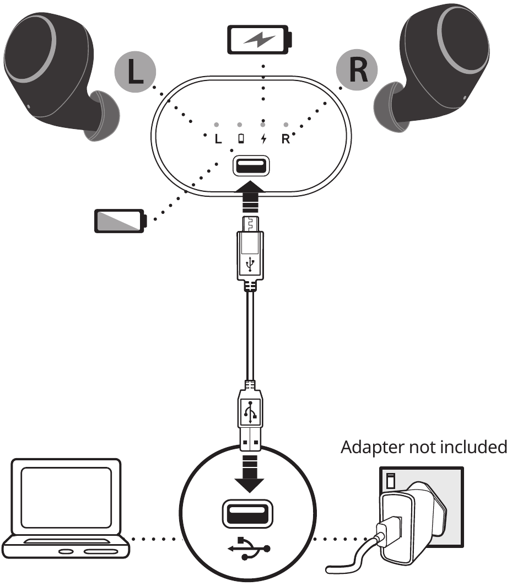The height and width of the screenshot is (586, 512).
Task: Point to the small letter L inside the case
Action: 218,138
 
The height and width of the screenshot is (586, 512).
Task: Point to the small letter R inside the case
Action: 285,138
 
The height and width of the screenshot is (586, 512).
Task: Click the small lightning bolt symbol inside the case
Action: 263,138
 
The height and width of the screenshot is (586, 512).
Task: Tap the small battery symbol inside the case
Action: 240,138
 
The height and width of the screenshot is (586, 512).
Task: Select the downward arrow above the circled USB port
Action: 251,475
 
